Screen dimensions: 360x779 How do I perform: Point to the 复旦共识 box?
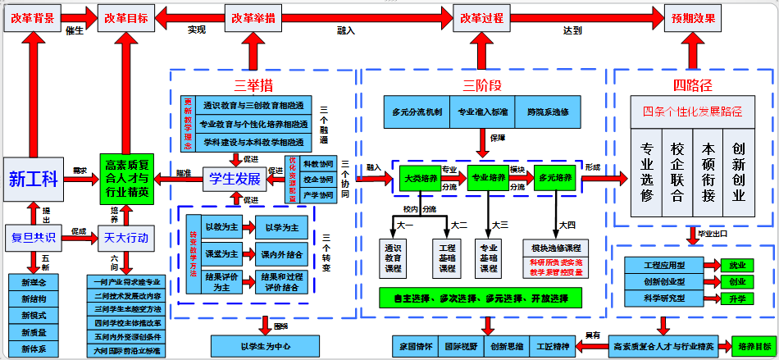33,238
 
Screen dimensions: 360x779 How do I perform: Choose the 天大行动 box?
126,238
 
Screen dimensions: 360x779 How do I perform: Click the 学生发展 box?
235,179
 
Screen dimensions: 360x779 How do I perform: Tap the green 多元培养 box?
554,178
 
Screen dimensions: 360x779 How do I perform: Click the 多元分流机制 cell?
417,111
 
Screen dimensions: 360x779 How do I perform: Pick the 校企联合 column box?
677,172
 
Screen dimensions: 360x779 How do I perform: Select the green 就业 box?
737,266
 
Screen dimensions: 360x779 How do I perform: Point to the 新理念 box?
34,283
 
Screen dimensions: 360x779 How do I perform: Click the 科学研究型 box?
664,298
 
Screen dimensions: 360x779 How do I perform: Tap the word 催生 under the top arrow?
75,31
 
